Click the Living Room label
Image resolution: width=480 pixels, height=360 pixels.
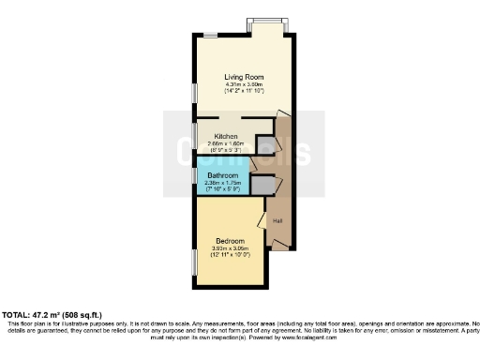[x=243, y=77]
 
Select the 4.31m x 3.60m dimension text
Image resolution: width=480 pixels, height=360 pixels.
[x=243, y=84]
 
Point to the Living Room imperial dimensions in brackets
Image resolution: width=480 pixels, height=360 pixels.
[x=243, y=91]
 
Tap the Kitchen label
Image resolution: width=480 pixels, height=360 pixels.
[x=225, y=136]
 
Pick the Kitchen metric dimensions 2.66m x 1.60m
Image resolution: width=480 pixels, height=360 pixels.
[x=225, y=142]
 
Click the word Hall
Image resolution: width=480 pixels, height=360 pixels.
[x=278, y=221]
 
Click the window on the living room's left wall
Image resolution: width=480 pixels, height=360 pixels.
[x=196, y=94]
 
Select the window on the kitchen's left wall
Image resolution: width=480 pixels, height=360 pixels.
[x=196, y=134]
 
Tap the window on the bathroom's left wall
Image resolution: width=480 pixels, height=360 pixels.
[x=196, y=175]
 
